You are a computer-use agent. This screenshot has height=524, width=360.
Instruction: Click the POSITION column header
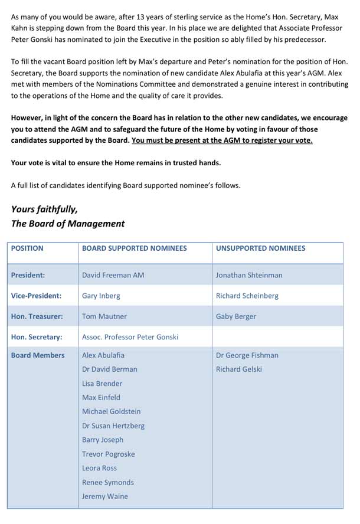coord(27,248)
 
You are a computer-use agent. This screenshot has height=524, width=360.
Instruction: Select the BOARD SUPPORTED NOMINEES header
coord(135,248)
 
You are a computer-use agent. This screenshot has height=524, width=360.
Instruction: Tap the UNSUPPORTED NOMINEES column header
coord(260,248)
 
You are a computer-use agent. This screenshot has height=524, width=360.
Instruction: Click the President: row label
coord(28,275)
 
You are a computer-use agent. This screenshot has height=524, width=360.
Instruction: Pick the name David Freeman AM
coord(113,275)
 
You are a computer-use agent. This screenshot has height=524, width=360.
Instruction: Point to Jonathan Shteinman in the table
coord(249,275)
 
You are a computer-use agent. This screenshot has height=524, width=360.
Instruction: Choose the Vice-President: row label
coord(36,296)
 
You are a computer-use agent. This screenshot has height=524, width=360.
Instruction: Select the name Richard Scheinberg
coord(247,296)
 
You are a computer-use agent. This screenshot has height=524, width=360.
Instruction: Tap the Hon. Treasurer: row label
coord(37,316)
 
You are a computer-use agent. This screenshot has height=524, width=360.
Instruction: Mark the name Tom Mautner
coord(104,316)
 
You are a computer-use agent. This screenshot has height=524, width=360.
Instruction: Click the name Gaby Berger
coord(236,316)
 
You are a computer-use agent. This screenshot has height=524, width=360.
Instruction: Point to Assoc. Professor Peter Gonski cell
coord(130,337)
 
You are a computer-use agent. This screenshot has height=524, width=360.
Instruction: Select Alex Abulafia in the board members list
coord(103,355)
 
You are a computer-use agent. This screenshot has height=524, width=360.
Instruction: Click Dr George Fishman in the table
coord(247,355)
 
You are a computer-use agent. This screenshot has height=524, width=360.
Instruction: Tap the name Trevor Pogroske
coord(109,454)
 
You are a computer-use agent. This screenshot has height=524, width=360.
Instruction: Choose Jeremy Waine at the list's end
coord(105,496)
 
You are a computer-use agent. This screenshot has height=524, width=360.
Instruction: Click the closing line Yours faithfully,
coord(44,209)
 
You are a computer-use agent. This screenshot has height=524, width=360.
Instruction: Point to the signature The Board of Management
coord(68,224)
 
